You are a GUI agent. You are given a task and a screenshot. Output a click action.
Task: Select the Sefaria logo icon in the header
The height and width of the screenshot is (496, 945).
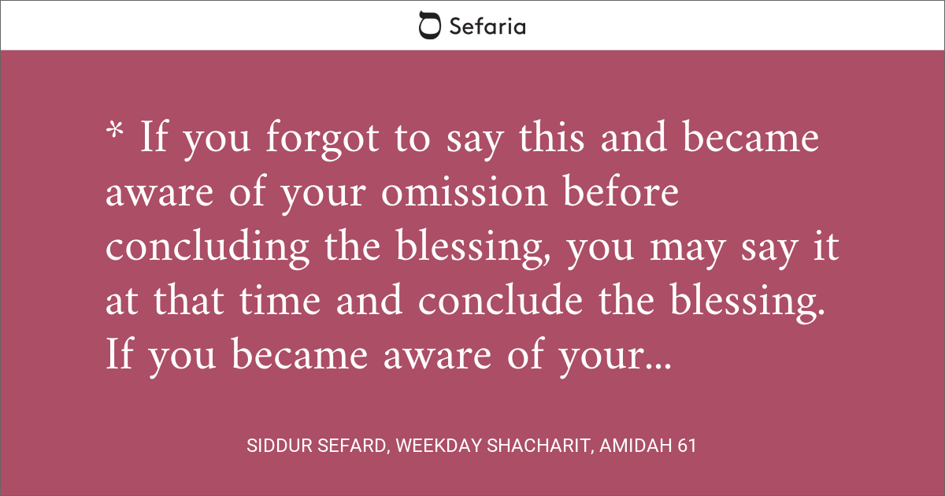click(429, 26)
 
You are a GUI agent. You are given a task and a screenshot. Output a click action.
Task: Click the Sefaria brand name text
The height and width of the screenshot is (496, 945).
click(487, 26)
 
